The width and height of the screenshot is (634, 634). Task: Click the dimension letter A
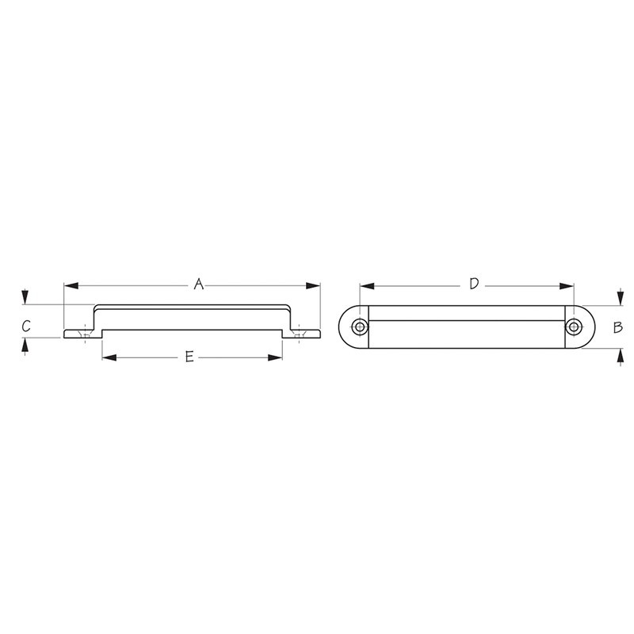[199, 284]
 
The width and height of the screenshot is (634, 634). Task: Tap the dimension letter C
[26, 326]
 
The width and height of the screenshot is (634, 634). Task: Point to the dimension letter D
[474, 284]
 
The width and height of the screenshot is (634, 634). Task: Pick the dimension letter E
[189, 357]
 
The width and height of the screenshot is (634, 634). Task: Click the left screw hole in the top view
[361, 327]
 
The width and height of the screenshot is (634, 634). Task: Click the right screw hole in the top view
[573, 327]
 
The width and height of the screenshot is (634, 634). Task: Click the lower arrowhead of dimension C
[26, 344]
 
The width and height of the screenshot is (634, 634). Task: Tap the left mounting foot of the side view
[78, 334]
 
